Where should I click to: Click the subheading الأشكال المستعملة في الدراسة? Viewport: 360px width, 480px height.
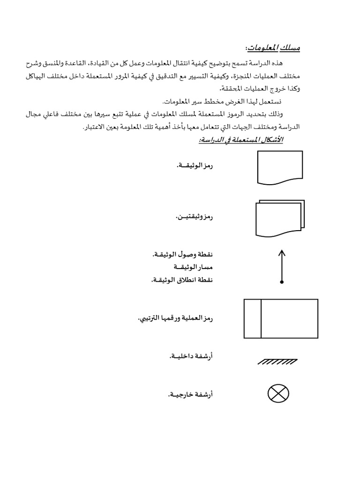coord(239,140)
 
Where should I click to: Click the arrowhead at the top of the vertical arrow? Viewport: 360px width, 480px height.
coord(282,253)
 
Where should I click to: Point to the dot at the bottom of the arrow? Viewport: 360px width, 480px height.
coord(282,282)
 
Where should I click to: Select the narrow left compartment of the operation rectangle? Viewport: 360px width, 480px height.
coord(252,318)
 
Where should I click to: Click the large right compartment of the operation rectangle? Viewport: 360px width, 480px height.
coord(289,318)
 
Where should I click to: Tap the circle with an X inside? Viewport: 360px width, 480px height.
coord(278,393)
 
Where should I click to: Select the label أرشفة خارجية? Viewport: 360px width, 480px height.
coord(190,395)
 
